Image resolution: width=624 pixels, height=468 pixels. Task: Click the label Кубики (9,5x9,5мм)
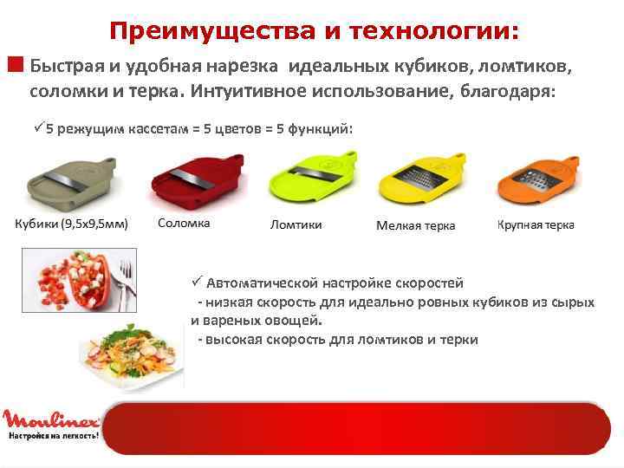click(x=70, y=224)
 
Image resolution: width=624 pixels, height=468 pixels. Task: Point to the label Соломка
click(x=184, y=223)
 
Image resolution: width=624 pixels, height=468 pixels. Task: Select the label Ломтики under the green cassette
click(x=296, y=224)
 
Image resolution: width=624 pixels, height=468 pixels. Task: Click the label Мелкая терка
click(x=415, y=225)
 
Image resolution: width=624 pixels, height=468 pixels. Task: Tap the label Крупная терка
click(x=535, y=224)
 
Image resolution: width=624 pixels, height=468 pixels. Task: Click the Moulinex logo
click(x=49, y=419)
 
